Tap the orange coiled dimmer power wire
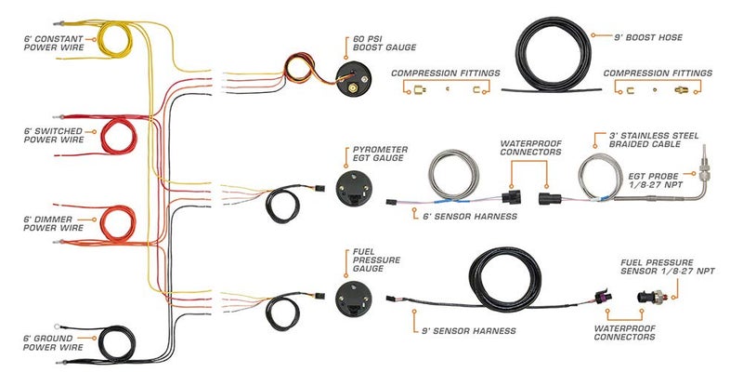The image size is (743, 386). click(115, 222)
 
